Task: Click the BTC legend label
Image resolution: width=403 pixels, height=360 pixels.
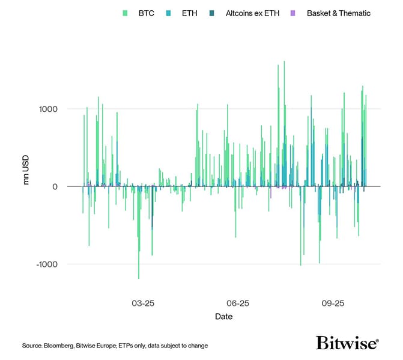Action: [x=146, y=13]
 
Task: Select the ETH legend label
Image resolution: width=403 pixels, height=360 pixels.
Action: [x=189, y=13]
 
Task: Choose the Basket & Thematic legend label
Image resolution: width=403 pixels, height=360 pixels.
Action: [x=338, y=13]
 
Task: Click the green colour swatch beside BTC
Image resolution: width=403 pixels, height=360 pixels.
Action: [x=125, y=13]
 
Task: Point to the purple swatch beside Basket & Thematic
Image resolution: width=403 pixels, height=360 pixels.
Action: [x=292, y=13]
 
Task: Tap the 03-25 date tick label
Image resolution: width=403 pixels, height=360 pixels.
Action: [x=143, y=304]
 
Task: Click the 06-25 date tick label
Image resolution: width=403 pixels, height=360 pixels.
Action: [x=238, y=304]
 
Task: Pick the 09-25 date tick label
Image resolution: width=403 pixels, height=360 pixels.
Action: [x=333, y=304]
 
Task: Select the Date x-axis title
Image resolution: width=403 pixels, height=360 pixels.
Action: [x=223, y=316]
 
